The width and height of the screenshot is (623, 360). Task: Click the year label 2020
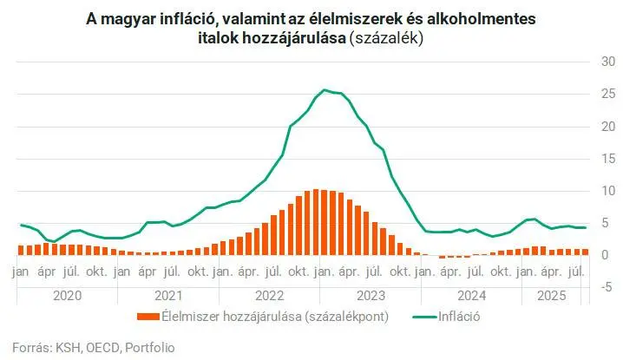point(68,294)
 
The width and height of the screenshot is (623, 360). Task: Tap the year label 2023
point(371,294)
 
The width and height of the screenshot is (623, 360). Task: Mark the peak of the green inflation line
point(325,89)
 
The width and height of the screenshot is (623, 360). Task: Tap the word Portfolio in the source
point(149,348)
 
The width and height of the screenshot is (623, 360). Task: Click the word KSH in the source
point(65,348)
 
